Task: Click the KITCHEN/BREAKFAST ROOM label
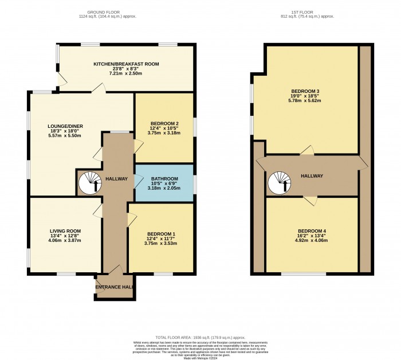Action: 126,64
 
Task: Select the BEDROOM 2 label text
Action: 164,123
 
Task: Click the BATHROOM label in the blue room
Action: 164,179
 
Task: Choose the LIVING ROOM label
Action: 65,230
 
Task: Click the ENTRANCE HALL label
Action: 115,287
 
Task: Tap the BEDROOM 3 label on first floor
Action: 305,91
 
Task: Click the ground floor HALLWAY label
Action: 116,179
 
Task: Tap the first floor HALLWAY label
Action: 312,176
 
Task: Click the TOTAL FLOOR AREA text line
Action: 200,338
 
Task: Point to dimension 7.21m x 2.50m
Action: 126,74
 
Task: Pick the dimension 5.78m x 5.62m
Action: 305,100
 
